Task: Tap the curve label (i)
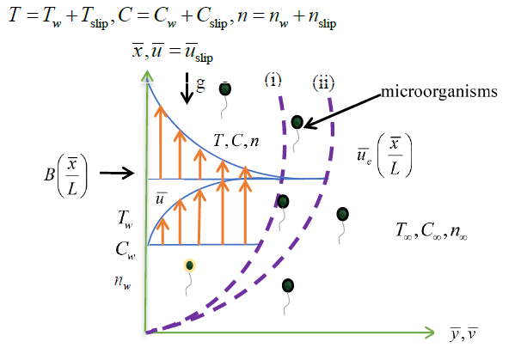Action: click(274, 82)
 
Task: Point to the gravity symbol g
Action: click(199, 86)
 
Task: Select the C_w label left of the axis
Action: click(125, 250)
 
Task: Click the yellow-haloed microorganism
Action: click(189, 265)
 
